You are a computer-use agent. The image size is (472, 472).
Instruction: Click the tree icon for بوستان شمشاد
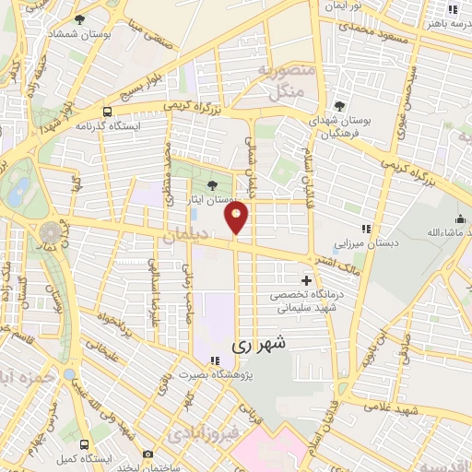79,19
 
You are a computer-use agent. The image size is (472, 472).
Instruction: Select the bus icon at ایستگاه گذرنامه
108,112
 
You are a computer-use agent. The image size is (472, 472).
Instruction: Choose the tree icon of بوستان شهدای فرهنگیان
339,105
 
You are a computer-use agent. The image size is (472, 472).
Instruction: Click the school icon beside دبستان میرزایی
365,228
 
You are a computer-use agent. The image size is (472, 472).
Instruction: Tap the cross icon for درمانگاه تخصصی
306,279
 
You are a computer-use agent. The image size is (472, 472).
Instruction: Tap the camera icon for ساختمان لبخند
147,454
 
